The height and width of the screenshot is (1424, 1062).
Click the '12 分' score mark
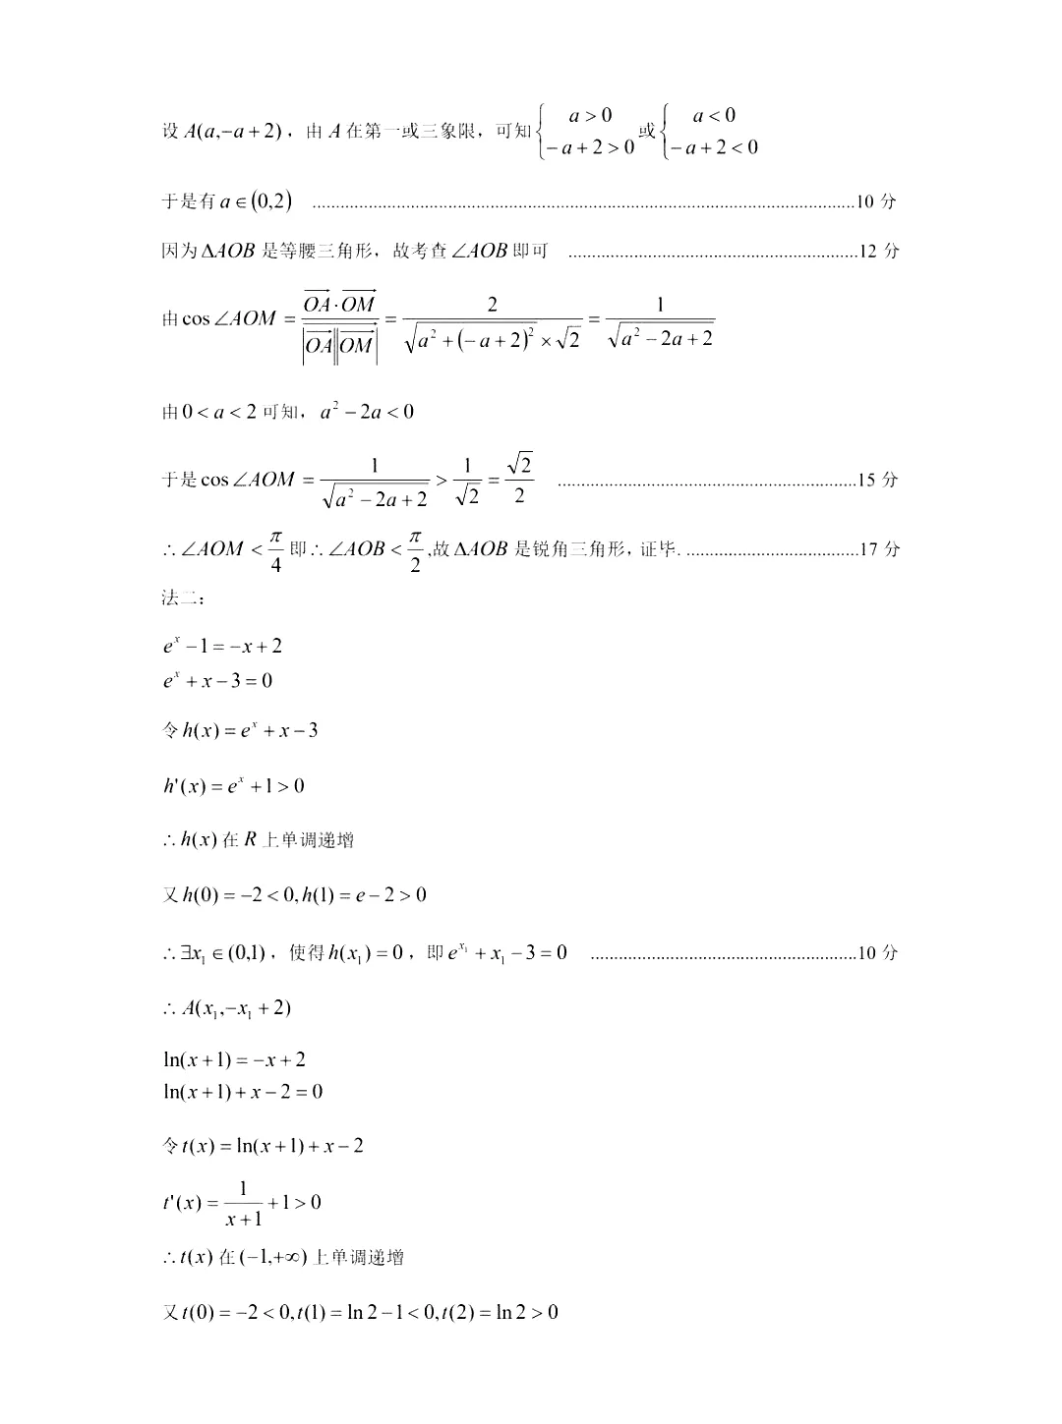[x=878, y=251]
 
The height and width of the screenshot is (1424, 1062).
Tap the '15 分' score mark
[x=878, y=481]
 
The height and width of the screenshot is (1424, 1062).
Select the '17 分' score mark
[x=878, y=549]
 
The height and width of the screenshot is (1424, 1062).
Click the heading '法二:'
[x=180, y=597]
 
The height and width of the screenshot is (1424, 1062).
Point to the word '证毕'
[x=659, y=549]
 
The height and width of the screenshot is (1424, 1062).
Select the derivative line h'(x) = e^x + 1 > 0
[x=234, y=785]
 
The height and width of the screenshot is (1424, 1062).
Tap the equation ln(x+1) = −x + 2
[x=234, y=1059]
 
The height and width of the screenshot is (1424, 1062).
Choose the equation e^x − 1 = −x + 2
[x=223, y=646]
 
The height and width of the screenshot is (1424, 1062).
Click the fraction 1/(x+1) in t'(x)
[x=243, y=1203]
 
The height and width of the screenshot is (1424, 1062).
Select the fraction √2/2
[x=519, y=479]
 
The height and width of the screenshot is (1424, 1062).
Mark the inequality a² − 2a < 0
[x=367, y=412]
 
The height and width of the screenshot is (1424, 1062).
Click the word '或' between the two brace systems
[x=647, y=132]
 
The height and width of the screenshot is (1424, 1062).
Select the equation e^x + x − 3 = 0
[x=218, y=680]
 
